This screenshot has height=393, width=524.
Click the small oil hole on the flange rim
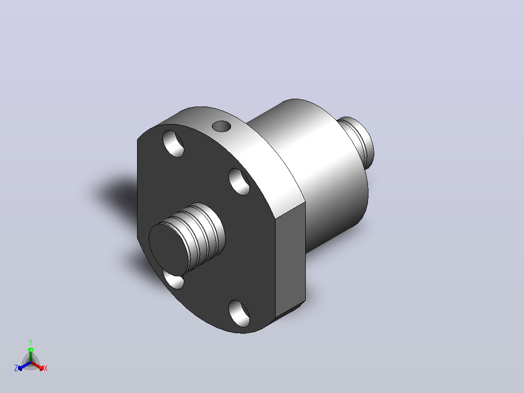(222, 126)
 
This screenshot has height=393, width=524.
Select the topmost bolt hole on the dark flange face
(173, 143)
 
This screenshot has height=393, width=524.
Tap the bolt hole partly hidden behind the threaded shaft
(174, 280)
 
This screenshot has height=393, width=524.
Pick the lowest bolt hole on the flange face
(239, 313)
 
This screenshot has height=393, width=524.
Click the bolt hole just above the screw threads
(239, 181)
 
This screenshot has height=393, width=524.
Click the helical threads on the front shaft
(200, 231)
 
